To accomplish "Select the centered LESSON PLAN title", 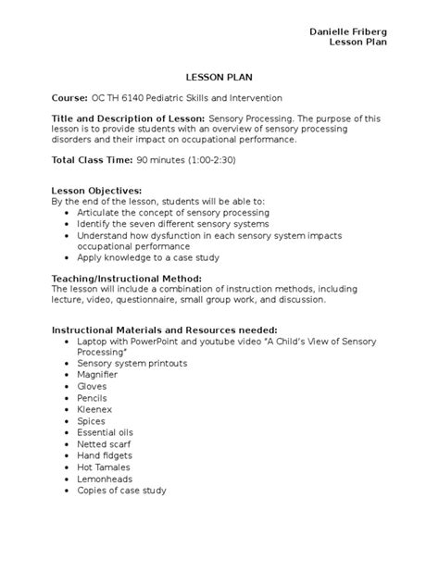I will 219,78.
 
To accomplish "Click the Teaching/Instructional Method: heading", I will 126,278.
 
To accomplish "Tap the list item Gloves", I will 93,386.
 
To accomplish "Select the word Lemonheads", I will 105,479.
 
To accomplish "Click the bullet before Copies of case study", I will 68,491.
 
